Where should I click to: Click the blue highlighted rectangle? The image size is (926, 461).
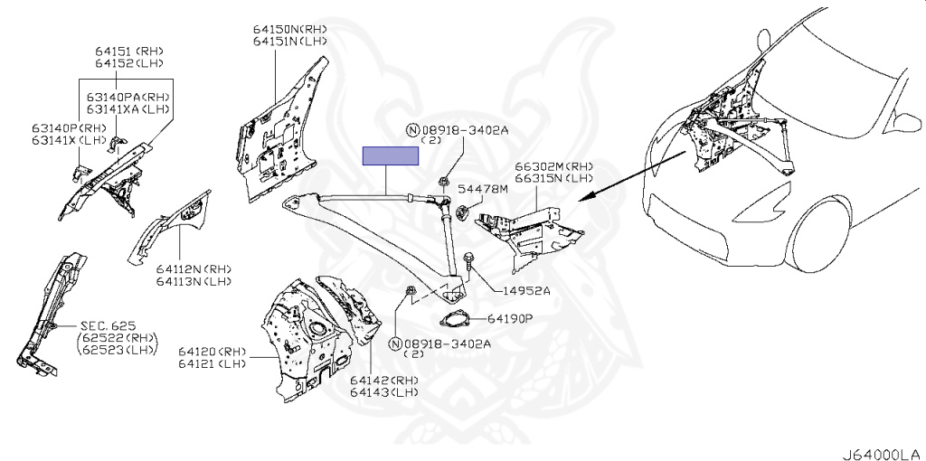click(x=391, y=155)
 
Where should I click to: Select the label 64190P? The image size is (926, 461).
click(x=511, y=319)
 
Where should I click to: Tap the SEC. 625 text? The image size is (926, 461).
click(x=107, y=325)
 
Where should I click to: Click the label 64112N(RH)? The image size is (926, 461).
click(x=193, y=269)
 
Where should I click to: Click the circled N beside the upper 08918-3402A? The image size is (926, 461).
click(x=412, y=130)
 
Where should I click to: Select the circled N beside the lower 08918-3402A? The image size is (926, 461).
click(x=395, y=343)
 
